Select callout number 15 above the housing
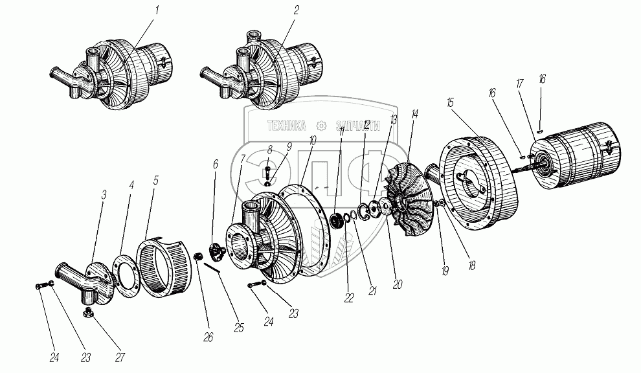450,103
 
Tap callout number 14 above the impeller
414,113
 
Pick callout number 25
239,328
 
